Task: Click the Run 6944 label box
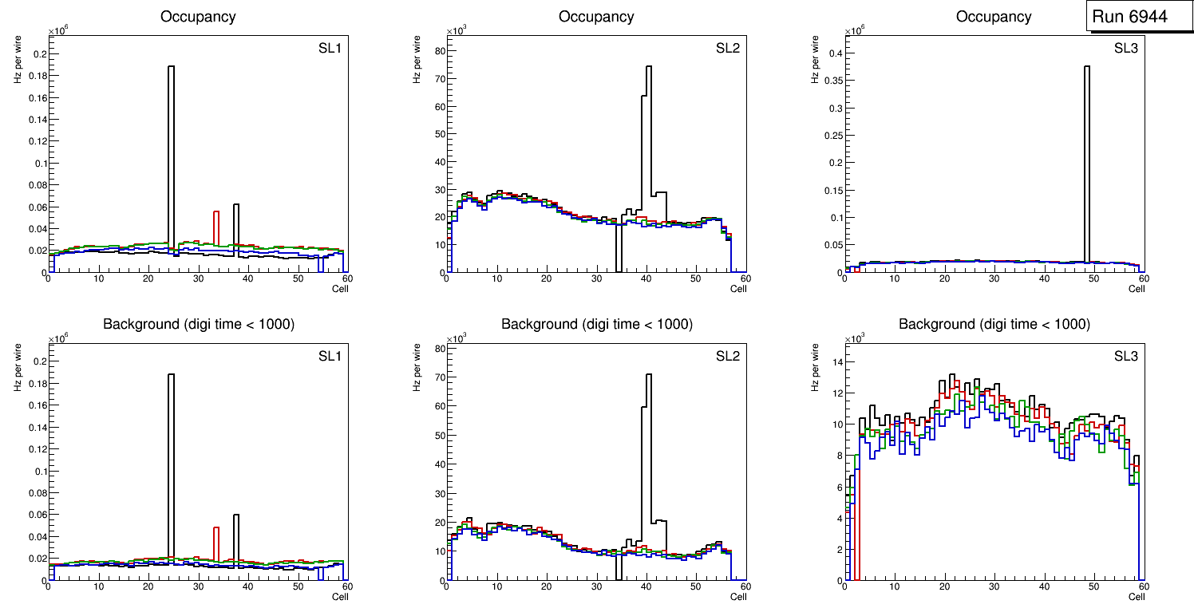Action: click(1140, 16)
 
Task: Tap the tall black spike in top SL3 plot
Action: click(1086, 160)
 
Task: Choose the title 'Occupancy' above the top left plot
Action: click(198, 17)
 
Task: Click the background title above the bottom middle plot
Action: click(596, 324)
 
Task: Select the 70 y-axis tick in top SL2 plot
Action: click(437, 78)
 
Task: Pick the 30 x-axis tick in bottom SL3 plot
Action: click(994, 587)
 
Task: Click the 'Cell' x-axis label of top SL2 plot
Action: click(738, 289)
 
